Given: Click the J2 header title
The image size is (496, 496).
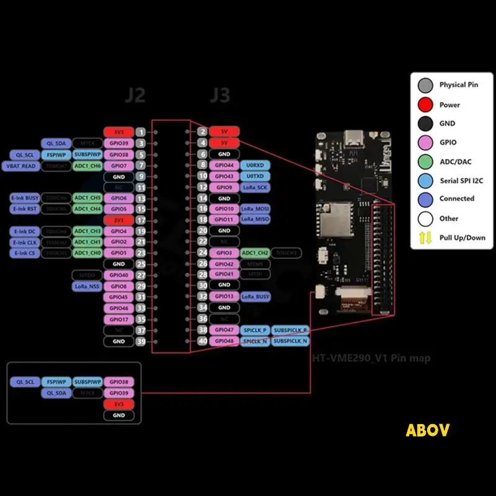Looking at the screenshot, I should coord(135,95).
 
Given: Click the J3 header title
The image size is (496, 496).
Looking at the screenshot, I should coord(219,95).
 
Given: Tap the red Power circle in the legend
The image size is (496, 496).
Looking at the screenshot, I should coord(425,104).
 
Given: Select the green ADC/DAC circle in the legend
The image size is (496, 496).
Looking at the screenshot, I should coord(425,161).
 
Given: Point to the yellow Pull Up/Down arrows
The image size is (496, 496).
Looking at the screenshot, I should coord(425,237).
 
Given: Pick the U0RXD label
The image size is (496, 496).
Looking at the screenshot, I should coord(255,166).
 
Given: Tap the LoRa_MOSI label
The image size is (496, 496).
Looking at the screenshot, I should coord(255,210).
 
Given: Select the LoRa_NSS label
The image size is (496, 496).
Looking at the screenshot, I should coord(87,286).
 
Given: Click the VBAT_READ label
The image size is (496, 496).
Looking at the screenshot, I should coord(22,166).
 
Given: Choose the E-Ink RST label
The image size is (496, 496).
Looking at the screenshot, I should coord(25,209).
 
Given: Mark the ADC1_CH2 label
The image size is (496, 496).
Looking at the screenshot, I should coord(255,253).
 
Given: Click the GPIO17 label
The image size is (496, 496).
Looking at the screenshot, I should coord(118,319).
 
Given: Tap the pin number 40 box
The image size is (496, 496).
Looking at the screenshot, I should coord(203,341).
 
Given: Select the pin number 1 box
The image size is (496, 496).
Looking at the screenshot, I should coord(141,132).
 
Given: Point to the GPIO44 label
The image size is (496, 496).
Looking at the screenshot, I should coord(224,166).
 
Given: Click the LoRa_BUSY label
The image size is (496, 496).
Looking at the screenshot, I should coord(255,297).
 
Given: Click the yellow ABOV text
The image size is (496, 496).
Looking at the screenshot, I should coord(427,430).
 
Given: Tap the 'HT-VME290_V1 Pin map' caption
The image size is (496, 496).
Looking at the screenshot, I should coord(371,358).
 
